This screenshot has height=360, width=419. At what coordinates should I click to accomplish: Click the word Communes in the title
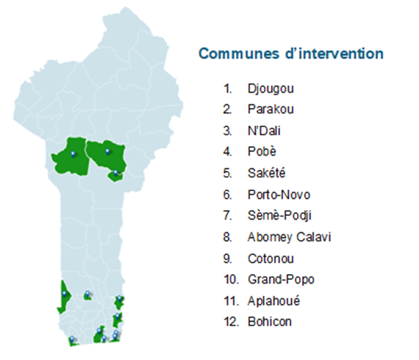(x=239, y=54)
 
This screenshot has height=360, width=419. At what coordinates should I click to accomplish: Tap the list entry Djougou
(x=271, y=89)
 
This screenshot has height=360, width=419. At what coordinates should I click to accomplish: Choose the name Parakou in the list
(x=271, y=109)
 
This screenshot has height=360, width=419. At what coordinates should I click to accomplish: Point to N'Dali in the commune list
(x=264, y=131)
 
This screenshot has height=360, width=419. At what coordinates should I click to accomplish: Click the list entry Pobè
(x=262, y=151)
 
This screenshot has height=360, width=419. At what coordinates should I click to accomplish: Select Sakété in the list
(x=266, y=173)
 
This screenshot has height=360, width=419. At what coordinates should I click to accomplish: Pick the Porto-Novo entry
(x=279, y=195)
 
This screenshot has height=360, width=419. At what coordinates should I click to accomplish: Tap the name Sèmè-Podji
(x=279, y=215)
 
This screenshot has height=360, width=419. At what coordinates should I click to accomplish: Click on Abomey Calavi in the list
(x=290, y=237)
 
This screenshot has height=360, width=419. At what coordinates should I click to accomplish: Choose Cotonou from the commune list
(x=271, y=259)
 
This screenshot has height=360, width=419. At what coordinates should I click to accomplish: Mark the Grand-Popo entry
(x=281, y=280)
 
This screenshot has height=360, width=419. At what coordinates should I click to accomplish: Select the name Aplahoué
(x=274, y=301)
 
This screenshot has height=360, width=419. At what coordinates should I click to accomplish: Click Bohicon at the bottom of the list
(x=270, y=322)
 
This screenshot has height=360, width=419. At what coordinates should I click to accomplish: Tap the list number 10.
(x=231, y=280)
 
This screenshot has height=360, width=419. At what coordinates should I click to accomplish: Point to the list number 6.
(x=228, y=195)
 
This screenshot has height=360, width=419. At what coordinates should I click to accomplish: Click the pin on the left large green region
(x=73, y=154)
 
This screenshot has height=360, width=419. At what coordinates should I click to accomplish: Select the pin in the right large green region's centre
(x=107, y=151)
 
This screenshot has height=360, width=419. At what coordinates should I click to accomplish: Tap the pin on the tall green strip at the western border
(x=64, y=294)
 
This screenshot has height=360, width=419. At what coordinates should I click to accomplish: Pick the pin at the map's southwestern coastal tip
(x=71, y=339)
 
